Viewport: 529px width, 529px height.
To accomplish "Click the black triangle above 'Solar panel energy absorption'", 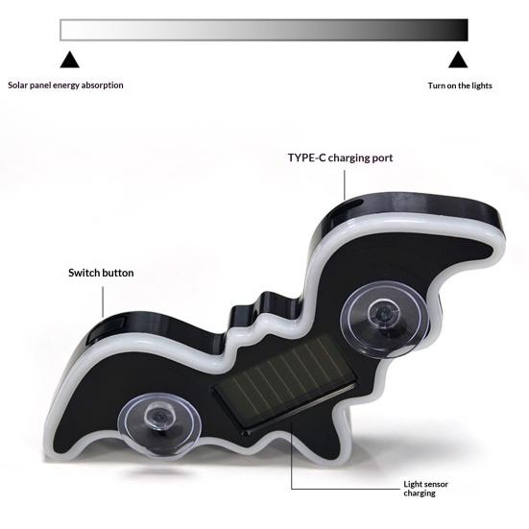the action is point(69,60).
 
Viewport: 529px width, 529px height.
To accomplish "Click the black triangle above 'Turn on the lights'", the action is point(458,60).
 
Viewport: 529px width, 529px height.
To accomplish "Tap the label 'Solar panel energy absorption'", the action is point(65,85).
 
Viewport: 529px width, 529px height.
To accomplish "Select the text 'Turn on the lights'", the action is point(460,85).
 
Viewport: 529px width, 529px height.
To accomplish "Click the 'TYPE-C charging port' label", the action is point(340,157).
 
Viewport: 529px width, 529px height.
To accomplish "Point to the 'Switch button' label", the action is point(101,273).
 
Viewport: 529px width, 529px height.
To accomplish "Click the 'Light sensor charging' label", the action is point(425,489).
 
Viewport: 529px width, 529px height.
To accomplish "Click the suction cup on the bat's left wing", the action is point(159,422).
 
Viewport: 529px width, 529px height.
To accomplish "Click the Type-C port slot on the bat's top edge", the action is point(354,204).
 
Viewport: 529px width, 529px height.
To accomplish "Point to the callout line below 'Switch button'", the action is point(103,302).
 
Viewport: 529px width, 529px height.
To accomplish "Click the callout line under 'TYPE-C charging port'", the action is point(345,185).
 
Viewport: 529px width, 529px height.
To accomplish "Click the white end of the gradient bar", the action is point(66,30).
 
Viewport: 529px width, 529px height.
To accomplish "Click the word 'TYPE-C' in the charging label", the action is point(306,157).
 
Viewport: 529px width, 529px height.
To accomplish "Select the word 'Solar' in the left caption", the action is point(18,85).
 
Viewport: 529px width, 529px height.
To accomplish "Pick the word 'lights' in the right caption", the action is point(481,85).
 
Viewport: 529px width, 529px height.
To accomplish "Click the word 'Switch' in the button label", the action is point(84,273).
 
